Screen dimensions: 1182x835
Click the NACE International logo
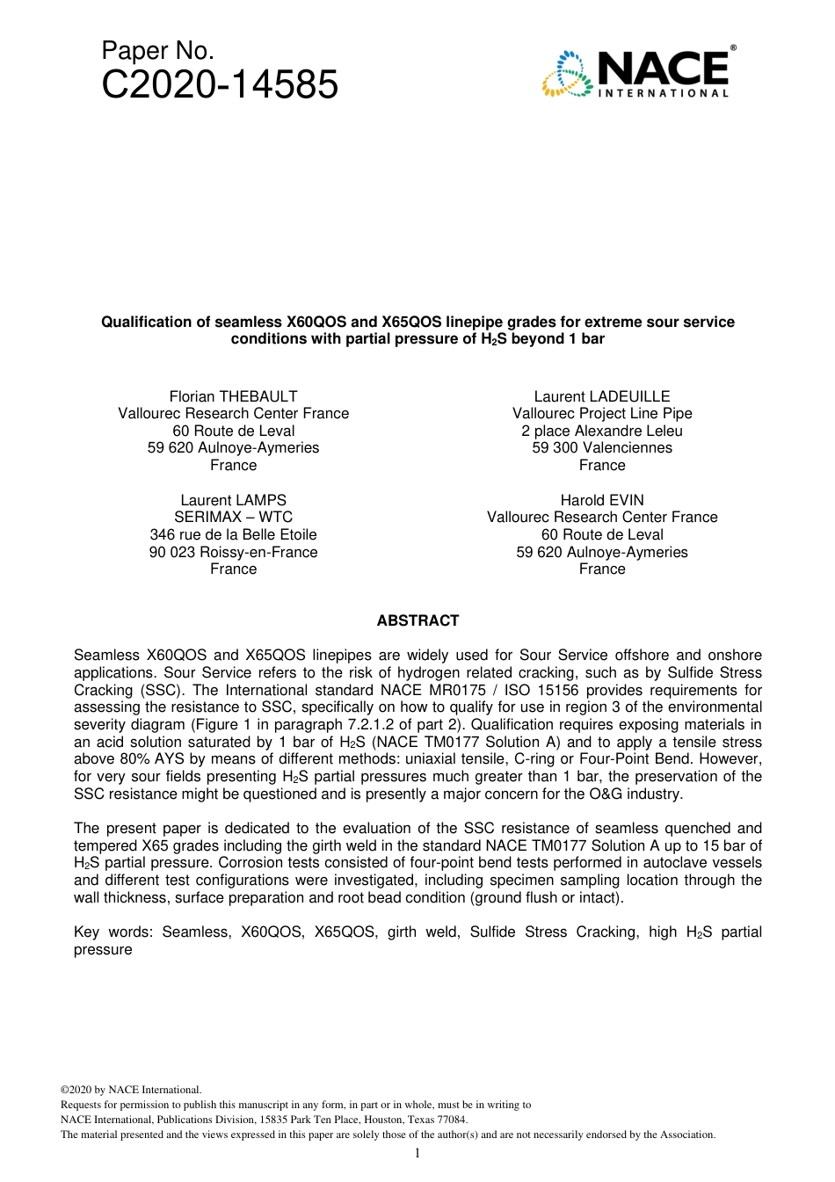click(x=638, y=73)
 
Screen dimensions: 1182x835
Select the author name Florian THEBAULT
click(x=233, y=396)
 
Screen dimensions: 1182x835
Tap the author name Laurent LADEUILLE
click(x=602, y=396)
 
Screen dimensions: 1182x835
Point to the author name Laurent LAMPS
click(x=233, y=500)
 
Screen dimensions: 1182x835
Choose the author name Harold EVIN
click(x=602, y=500)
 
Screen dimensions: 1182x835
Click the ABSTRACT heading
click(x=417, y=620)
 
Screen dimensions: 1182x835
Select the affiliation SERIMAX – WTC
click(x=233, y=518)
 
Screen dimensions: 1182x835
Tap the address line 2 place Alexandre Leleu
click(x=602, y=431)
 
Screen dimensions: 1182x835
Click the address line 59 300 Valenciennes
click(x=602, y=448)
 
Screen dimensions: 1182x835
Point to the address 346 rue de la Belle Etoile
click(x=233, y=534)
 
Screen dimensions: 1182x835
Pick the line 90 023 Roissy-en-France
click(x=233, y=552)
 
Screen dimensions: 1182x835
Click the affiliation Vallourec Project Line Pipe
click(x=602, y=414)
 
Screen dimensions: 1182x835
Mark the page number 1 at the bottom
click(x=417, y=1153)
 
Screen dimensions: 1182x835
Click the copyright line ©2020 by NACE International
click(x=131, y=1090)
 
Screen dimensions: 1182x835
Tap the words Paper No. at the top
click(x=158, y=50)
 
